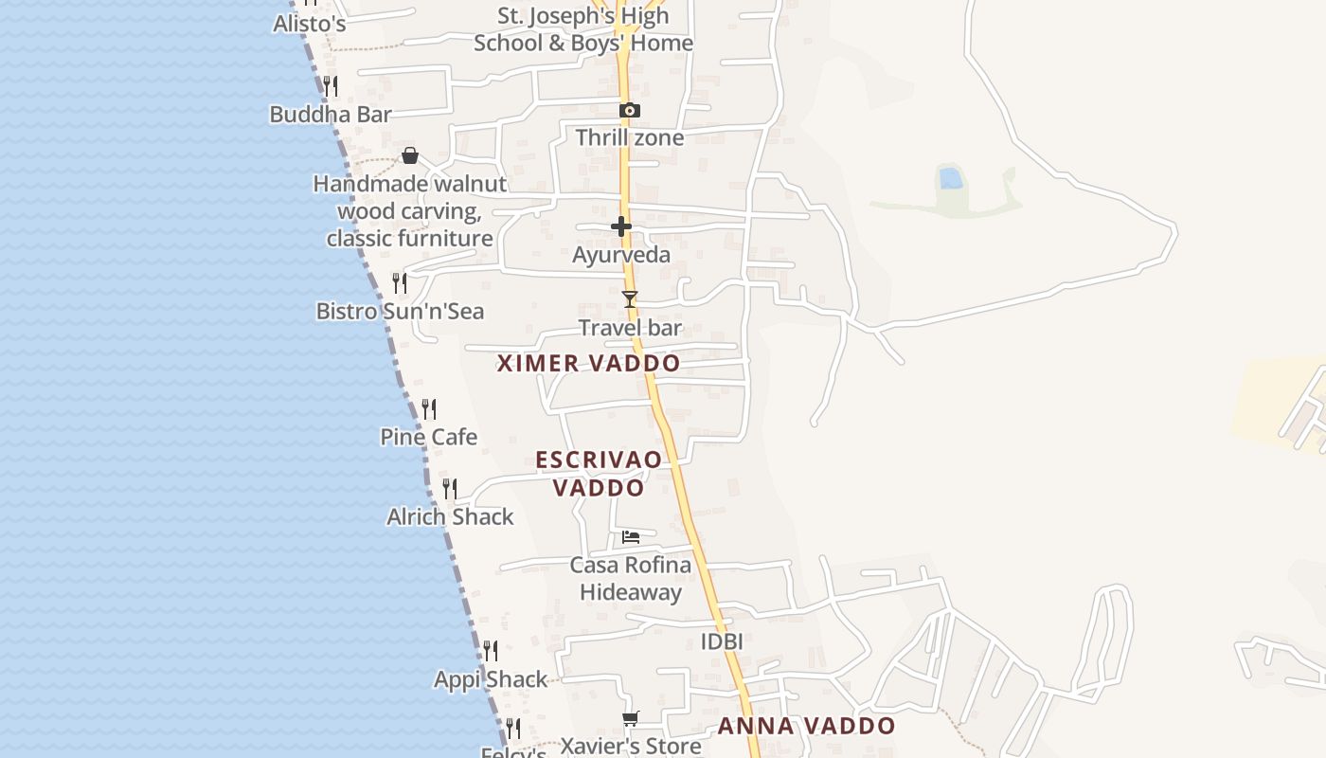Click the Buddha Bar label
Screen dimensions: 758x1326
[x=331, y=115]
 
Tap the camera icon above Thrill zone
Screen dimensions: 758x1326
[x=630, y=111]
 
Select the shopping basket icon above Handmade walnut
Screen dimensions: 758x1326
[x=410, y=155]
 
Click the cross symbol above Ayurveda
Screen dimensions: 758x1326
[x=621, y=226]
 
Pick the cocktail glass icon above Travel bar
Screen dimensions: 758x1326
[x=630, y=299]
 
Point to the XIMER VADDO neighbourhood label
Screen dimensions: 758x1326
[x=588, y=363]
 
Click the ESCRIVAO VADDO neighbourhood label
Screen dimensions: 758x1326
[x=599, y=474]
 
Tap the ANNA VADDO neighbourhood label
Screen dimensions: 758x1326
[x=806, y=727]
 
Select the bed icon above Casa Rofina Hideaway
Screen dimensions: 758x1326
[x=631, y=537]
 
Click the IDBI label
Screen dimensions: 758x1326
[x=722, y=641]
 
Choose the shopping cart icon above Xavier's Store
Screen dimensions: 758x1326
[x=631, y=719]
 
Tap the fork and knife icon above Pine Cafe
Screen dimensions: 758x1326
[x=429, y=409]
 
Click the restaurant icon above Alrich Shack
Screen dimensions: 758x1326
[x=450, y=489]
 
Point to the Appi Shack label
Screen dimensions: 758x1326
[x=491, y=679]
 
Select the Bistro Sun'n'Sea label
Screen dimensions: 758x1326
[x=400, y=311]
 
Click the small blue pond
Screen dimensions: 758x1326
[x=950, y=178]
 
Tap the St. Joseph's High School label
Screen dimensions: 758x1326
[x=583, y=29]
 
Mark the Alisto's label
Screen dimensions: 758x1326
[x=310, y=24]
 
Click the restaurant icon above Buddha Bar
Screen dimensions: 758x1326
[x=331, y=86]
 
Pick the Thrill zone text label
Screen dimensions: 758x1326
[x=630, y=138]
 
